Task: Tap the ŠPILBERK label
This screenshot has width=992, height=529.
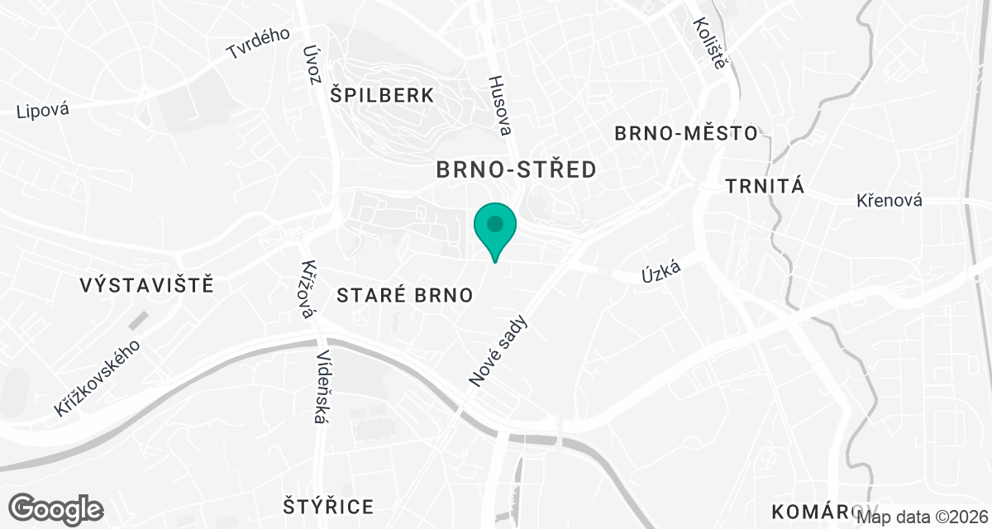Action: coord(381,95)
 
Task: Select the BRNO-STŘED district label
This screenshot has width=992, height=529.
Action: coord(516,170)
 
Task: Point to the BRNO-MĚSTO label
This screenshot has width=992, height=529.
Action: coord(686,133)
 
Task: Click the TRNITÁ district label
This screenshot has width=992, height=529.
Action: coord(765,186)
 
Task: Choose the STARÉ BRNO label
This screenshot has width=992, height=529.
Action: coord(405,295)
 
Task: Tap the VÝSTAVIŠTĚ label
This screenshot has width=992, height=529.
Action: coord(147,286)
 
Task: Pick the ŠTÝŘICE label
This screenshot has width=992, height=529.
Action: coord(328,506)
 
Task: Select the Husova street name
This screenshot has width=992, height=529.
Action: coord(500,106)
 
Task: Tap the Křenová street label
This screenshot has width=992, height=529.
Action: coord(889,201)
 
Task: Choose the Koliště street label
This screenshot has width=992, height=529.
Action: coord(709,43)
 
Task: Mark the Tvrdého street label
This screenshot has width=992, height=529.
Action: coord(259,44)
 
